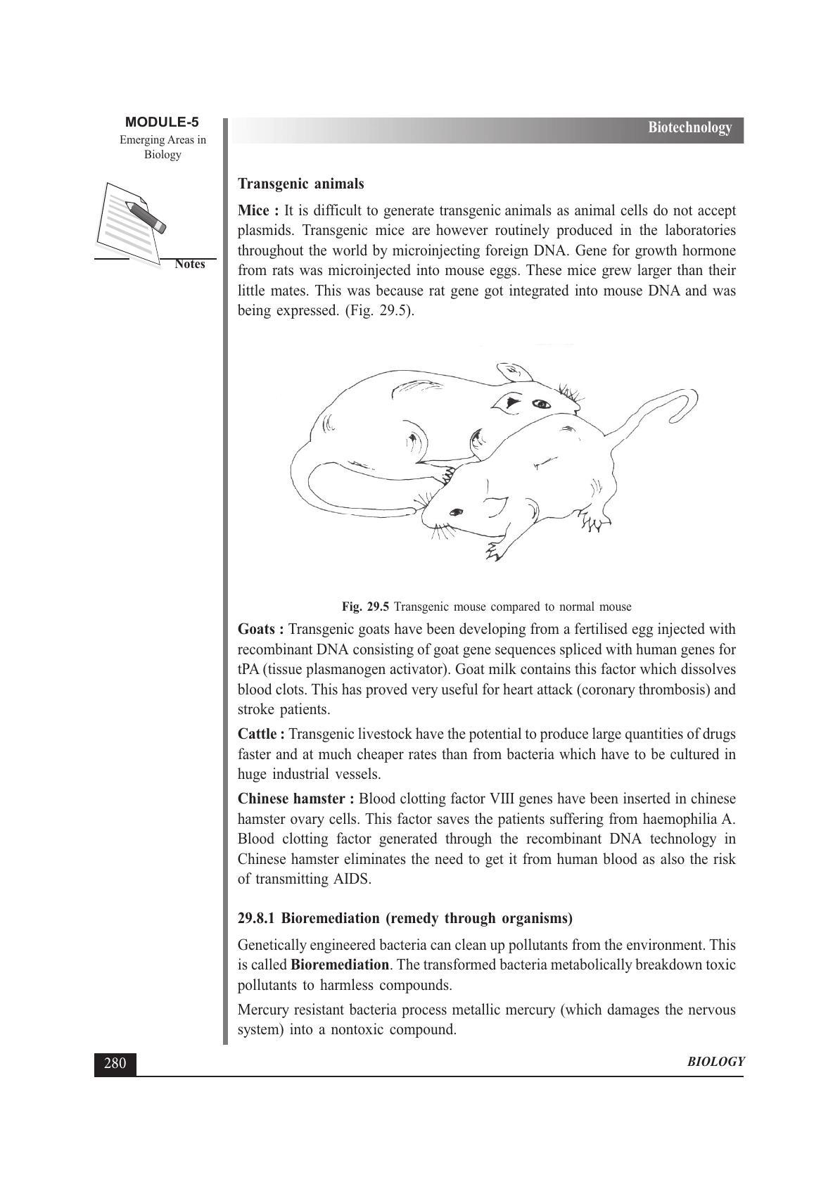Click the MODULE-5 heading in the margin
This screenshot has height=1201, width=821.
(162, 122)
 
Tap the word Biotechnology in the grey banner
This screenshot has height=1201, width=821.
(689, 127)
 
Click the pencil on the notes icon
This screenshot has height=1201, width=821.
(146, 216)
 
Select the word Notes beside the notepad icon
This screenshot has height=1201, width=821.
(190, 265)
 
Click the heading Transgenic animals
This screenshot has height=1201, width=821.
(300, 184)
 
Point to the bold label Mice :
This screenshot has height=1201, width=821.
(258, 211)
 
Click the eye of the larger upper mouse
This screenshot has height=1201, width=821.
(540, 404)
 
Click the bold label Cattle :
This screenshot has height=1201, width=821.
(262, 735)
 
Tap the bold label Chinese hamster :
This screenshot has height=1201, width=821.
(296, 799)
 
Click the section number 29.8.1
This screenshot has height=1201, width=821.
(257, 918)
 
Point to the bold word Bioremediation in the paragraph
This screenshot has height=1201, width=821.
(339, 965)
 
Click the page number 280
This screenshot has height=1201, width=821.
(115, 1063)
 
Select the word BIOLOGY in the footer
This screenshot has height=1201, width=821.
(715, 1062)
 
